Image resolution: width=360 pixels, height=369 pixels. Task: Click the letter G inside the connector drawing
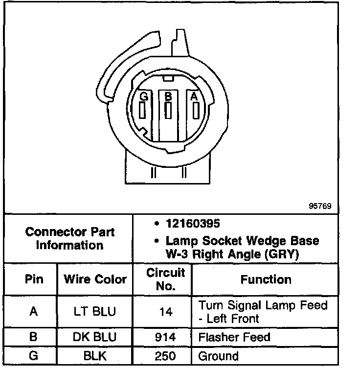(x=143, y=97)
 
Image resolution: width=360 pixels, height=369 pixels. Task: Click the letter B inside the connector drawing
(x=168, y=97)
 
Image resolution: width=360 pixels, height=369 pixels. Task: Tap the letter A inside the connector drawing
(x=194, y=97)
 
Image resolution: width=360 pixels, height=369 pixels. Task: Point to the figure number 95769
(x=320, y=206)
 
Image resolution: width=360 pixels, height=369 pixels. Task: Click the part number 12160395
(x=192, y=223)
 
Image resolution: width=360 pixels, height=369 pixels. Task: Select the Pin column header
(x=33, y=279)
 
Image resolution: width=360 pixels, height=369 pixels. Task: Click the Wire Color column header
(x=95, y=279)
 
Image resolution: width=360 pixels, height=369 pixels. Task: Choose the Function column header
(x=266, y=279)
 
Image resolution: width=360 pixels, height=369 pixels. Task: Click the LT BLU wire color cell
(x=95, y=312)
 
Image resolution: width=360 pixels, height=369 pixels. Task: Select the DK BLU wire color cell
(x=95, y=337)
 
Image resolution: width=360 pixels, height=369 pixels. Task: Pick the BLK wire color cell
(x=95, y=356)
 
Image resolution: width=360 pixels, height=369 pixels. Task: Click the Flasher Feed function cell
(x=234, y=337)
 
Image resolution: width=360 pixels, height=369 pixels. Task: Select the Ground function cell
(x=218, y=356)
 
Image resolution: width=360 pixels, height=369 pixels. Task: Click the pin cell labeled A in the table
(x=33, y=312)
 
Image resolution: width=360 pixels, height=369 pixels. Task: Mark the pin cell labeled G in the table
(x=33, y=356)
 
